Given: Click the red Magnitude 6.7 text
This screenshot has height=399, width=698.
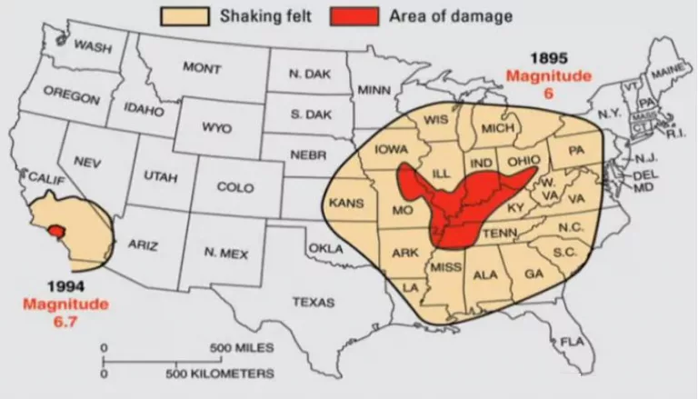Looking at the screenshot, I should [65, 312].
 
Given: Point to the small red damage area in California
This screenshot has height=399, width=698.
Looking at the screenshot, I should [58, 230].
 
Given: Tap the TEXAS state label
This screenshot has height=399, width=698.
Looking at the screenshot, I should [313, 301].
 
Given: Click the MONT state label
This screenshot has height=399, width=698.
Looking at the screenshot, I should [202, 68].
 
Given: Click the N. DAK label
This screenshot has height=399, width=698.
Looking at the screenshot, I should [309, 73].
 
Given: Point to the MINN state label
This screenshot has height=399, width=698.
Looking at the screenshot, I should [374, 90].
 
